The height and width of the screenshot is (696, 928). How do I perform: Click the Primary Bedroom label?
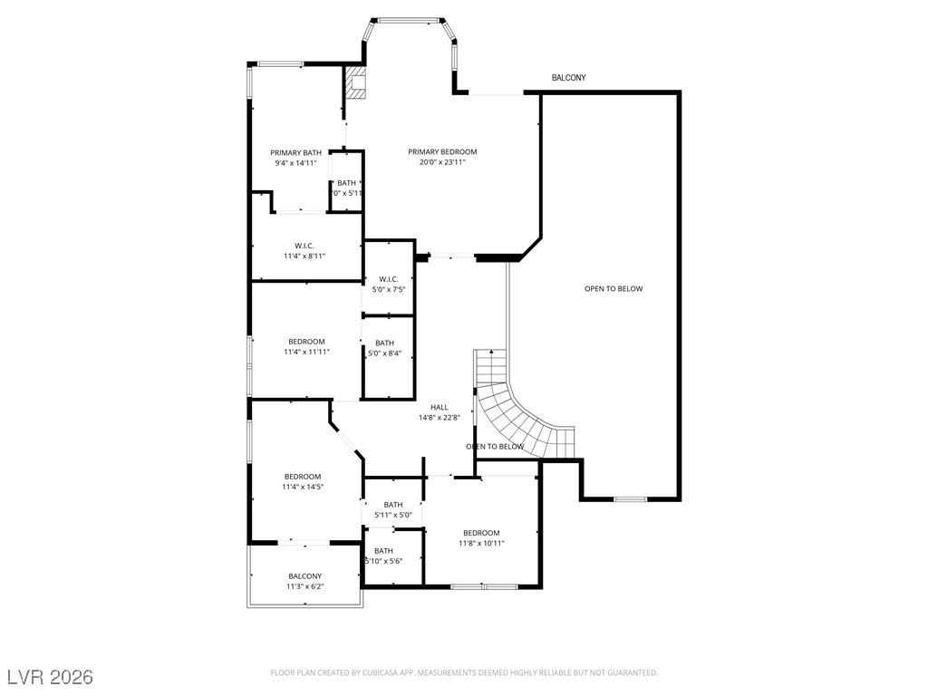click(441, 152)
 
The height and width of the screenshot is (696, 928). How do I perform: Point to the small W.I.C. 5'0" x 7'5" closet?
click(389, 284)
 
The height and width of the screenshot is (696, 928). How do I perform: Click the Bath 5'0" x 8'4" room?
click(385, 348)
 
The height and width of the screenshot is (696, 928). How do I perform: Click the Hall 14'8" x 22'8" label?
click(440, 413)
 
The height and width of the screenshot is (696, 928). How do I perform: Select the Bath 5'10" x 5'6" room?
click(384, 556)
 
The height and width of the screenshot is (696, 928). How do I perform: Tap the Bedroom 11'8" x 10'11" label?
click(481, 538)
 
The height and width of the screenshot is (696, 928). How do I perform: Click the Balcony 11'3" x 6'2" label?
click(304, 581)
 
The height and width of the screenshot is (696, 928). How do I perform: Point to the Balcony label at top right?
click(568, 78)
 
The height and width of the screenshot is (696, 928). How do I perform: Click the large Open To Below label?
click(613, 289)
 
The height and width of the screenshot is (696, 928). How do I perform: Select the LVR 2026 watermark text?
click(50, 677)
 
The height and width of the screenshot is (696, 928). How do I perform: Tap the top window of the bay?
click(408, 19)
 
